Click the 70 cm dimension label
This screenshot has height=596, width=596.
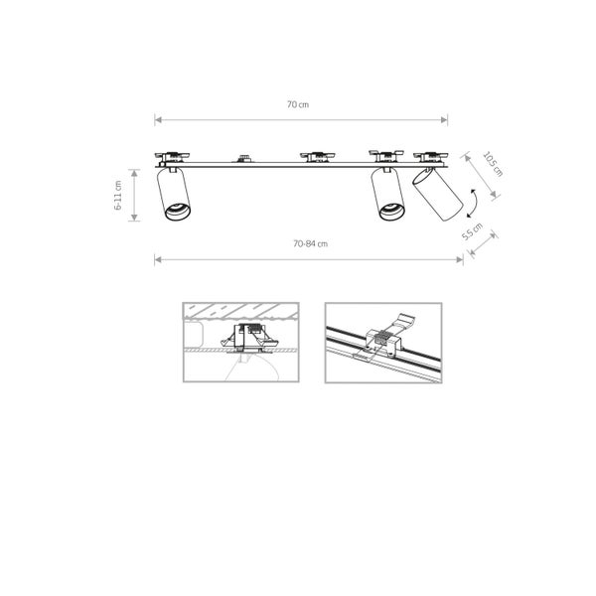tap(298, 104)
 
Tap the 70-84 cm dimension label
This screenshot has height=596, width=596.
tap(310, 243)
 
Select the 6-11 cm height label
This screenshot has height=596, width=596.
tap(118, 195)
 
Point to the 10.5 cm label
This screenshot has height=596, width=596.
tap(493, 164)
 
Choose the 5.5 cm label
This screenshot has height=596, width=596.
tap(472, 231)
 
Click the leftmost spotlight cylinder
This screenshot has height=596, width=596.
tap(174, 195)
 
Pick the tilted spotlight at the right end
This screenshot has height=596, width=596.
tap(437, 195)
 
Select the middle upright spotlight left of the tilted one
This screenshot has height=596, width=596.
tap(388, 195)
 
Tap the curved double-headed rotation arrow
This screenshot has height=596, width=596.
tap(473, 204)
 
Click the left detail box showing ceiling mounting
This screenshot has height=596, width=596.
tap(241, 342)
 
